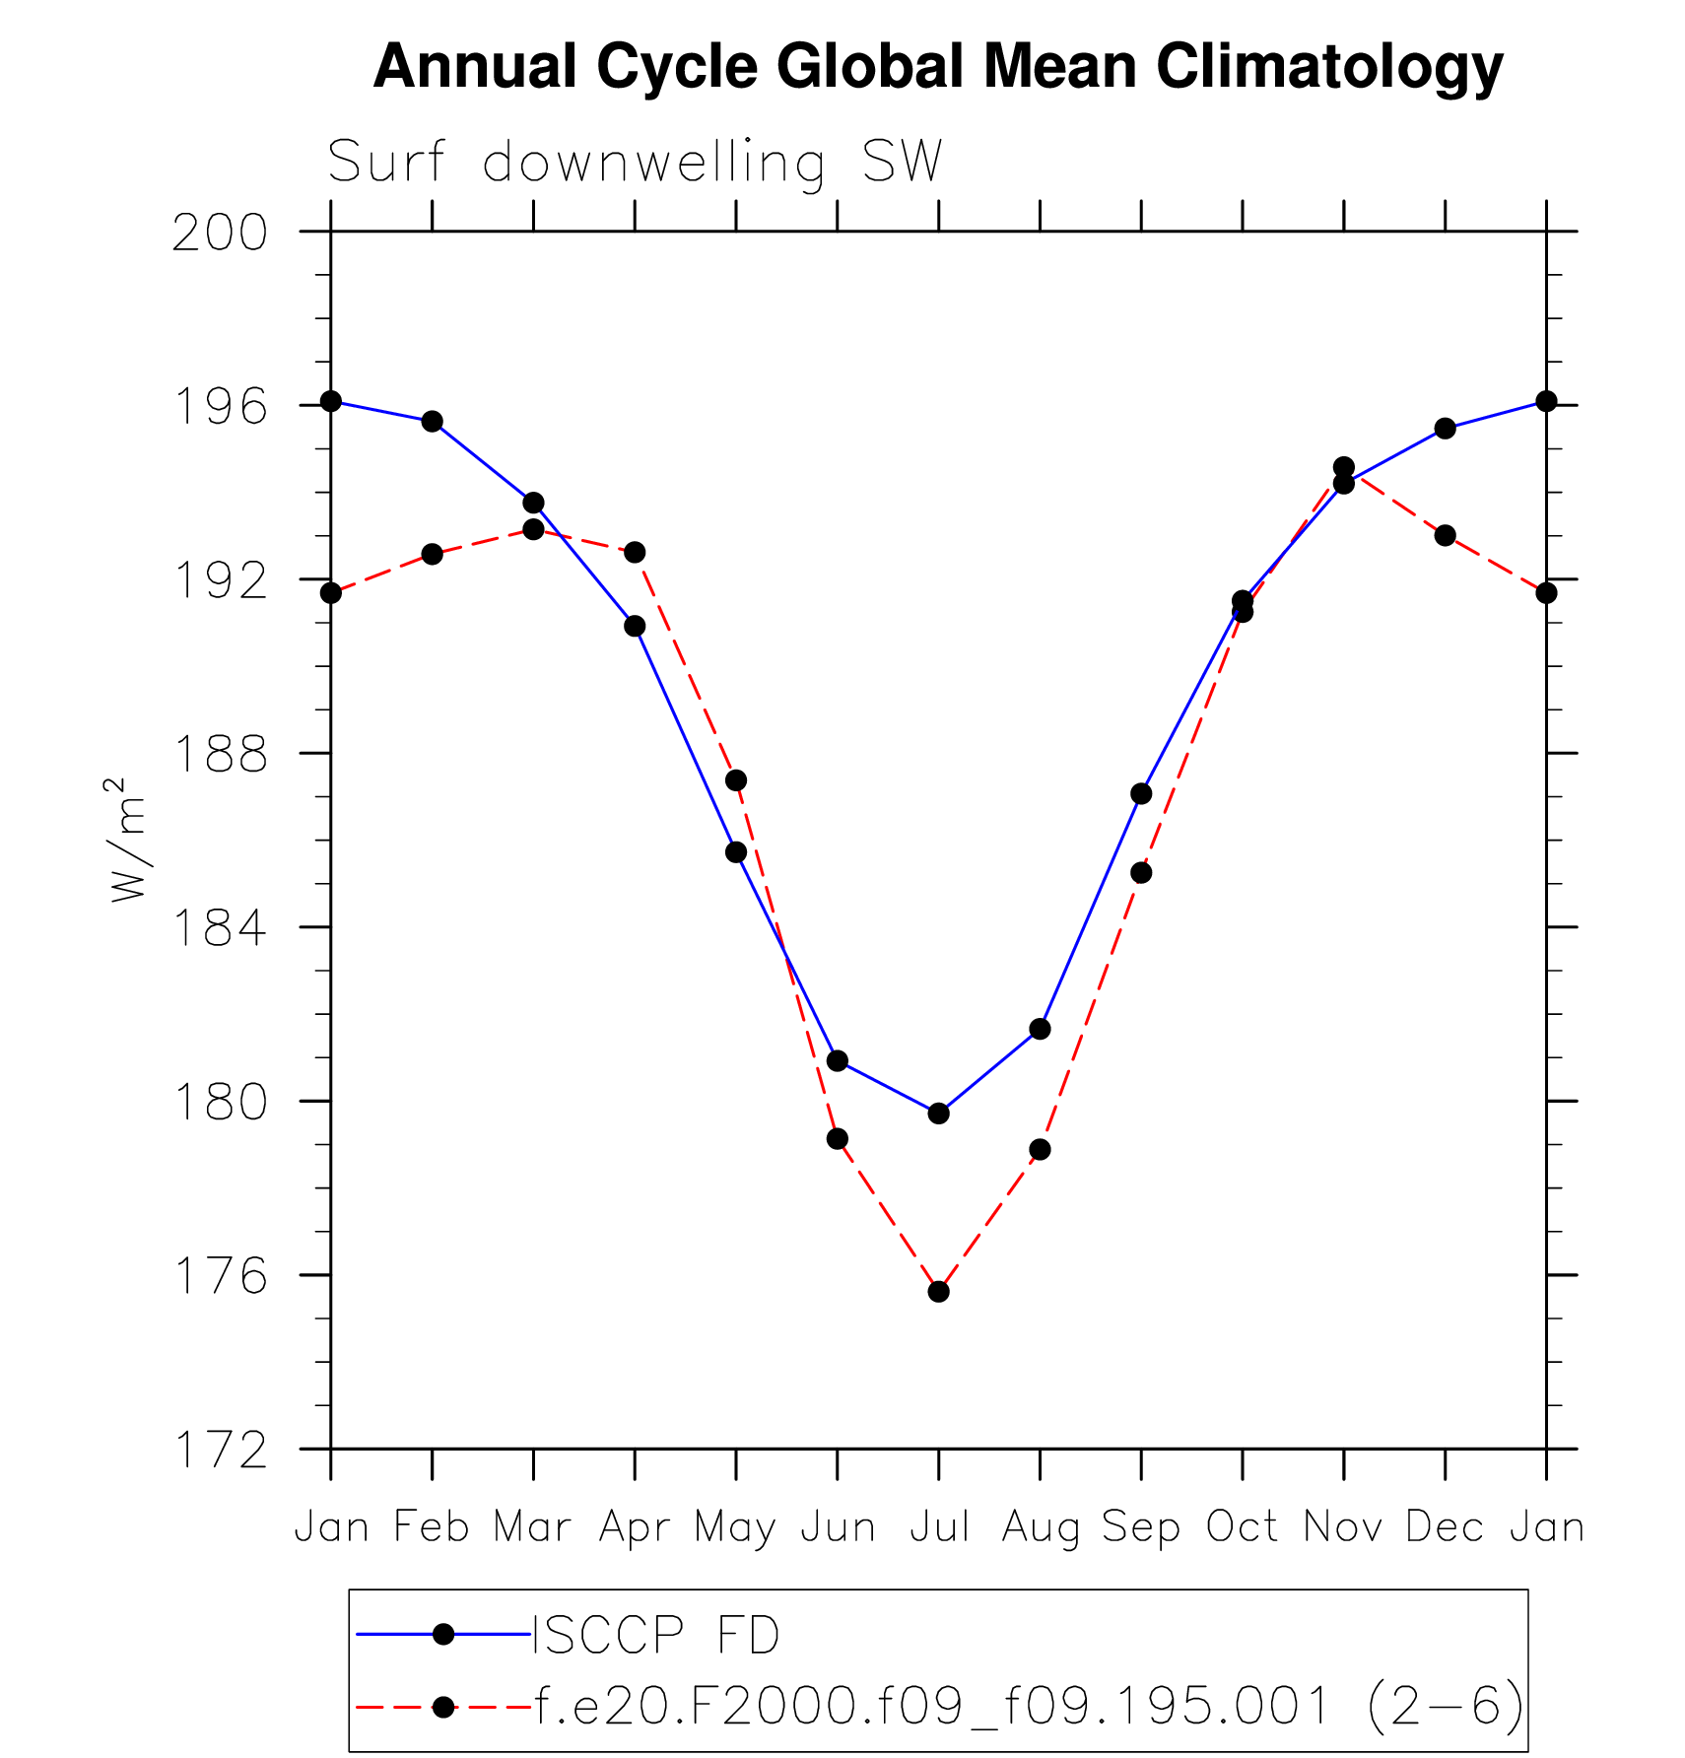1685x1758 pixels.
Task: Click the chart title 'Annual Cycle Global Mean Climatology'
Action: click(937, 67)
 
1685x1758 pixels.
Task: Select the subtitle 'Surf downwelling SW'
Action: click(635, 162)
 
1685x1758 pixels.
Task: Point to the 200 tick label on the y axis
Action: click(220, 234)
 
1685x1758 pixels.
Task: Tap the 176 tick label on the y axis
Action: click(220, 1276)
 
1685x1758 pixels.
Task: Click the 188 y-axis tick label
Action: click(220, 755)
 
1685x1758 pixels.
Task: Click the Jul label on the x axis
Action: click(938, 1526)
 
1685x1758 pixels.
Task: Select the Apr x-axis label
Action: click(635, 1526)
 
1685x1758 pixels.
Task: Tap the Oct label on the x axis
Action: click(1242, 1526)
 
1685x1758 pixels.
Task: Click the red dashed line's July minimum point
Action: click(938, 1291)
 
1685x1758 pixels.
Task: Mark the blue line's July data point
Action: click(938, 1114)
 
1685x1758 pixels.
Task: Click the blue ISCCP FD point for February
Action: click(432, 422)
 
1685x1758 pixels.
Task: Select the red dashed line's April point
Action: click(635, 552)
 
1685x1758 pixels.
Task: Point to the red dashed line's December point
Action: click(1445, 535)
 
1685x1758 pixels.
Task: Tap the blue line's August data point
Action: click(1040, 1029)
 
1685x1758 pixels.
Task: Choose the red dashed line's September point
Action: click(1141, 873)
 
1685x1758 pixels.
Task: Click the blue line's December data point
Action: click(1445, 429)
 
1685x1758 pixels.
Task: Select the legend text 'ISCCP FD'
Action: click(656, 1635)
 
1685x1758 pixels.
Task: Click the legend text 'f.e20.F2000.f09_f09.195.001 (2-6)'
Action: click(1029, 1706)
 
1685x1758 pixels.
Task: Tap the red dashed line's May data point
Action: click(736, 780)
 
